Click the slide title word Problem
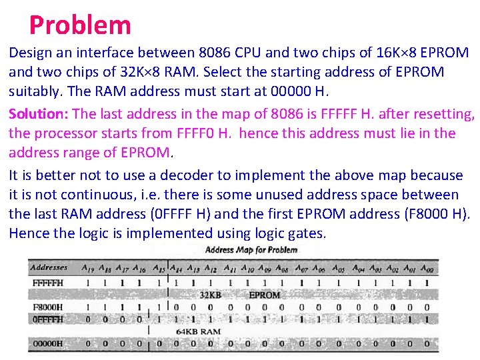(x=80, y=25)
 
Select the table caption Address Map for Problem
(x=251, y=250)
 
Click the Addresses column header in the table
(x=49, y=267)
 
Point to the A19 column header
(x=87, y=268)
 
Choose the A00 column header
(x=427, y=268)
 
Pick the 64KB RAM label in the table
(x=198, y=331)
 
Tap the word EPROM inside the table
(x=265, y=294)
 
